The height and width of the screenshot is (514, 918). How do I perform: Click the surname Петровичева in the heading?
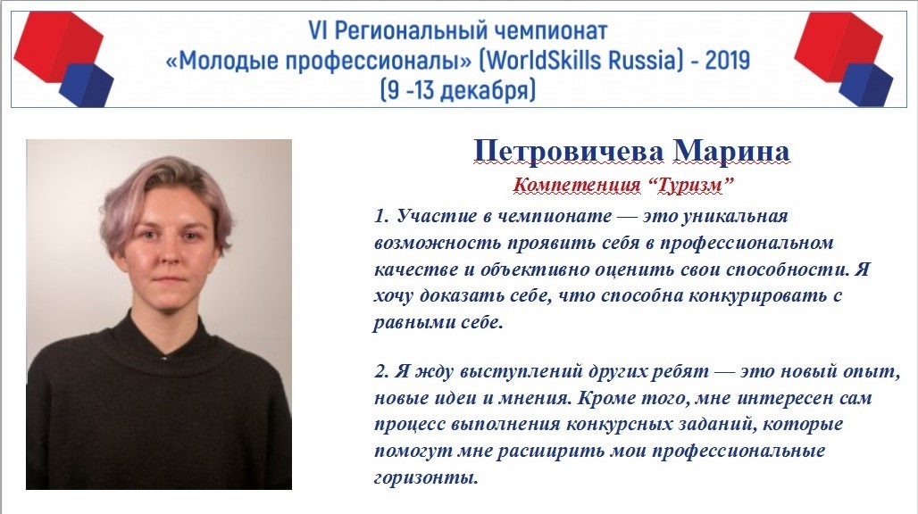pos(569,151)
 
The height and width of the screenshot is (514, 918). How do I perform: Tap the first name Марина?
pos(732,151)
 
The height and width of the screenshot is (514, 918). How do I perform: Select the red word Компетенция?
pos(577,185)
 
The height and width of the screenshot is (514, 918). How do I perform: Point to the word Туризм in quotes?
pos(691,186)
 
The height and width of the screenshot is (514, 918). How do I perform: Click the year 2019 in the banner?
pos(727,60)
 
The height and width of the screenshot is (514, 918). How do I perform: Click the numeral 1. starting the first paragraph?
pos(381,216)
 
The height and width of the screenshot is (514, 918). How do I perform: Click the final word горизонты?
pos(426,477)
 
